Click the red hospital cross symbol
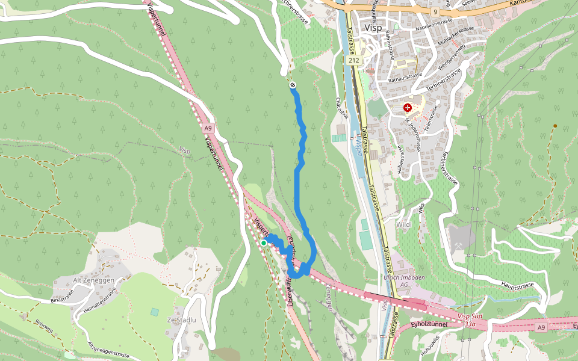[x=408, y=108]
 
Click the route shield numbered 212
[x=353, y=61]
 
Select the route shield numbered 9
[x=435, y=11]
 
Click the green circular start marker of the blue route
[x=264, y=242]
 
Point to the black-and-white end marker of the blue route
[x=293, y=85]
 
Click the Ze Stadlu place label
[x=182, y=319]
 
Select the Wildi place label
[x=404, y=224]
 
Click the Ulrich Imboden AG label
[x=404, y=281]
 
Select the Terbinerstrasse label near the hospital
[x=444, y=79]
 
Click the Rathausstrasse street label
[x=405, y=76]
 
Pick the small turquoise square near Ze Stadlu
[x=155, y=312]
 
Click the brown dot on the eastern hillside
[x=555, y=126]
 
